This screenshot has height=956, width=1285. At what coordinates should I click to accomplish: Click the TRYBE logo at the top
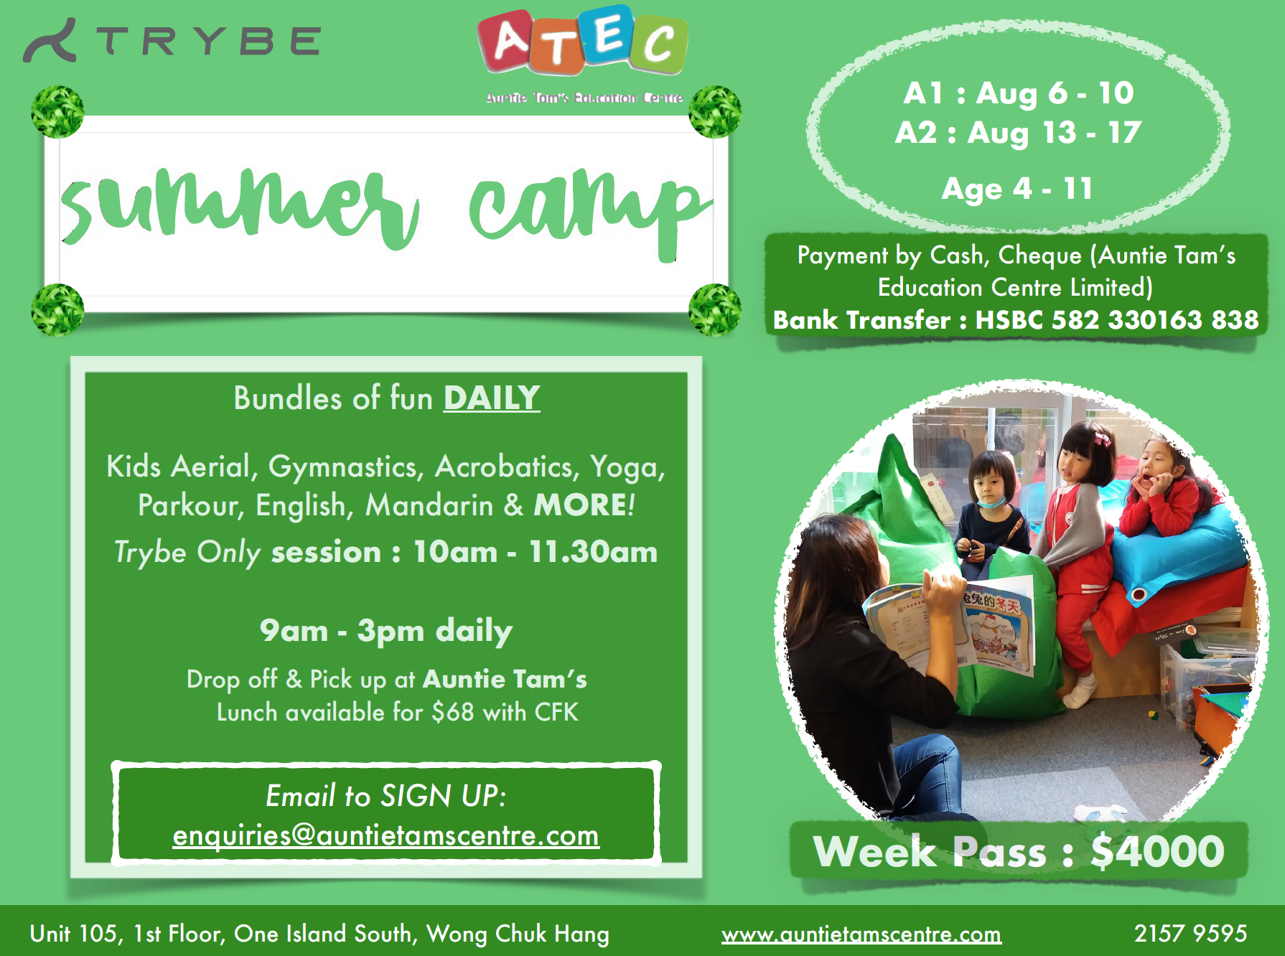[172, 40]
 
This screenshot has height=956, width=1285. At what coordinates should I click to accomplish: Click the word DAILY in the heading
[492, 398]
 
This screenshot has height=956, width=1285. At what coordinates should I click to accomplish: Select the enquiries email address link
[386, 835]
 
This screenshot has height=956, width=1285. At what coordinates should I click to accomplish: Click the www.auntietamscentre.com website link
[861, 934]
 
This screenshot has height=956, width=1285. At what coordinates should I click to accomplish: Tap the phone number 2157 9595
[1190, 933]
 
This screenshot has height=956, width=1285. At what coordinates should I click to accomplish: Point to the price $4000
[1157, 851]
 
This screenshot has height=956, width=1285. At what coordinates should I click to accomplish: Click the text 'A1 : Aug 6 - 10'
[1019, 93]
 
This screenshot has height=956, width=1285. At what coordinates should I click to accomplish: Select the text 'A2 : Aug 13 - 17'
[1018, 133]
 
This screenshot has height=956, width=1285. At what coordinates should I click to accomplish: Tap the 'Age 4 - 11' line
[1017, 189]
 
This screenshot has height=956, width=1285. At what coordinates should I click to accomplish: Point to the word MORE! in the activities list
[584, 505]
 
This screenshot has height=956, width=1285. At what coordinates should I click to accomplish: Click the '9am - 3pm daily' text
[386, 631]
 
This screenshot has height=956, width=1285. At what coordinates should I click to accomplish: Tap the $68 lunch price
[452, 712]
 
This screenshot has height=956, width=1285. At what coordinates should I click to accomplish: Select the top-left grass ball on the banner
[57, 112]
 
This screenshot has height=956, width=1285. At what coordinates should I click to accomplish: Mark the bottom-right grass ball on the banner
[715, 310]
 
